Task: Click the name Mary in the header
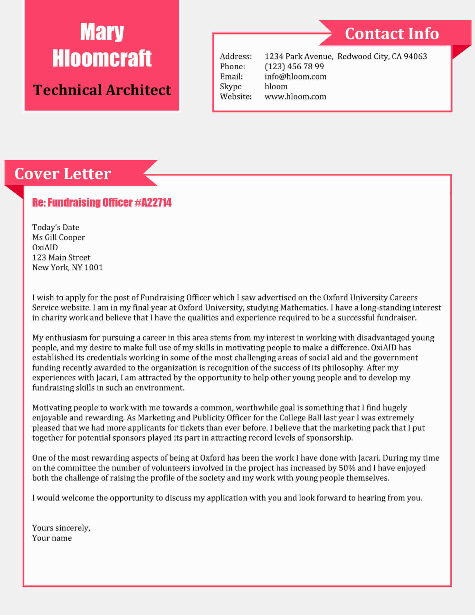click(x=102, y=32)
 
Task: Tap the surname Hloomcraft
click(x=102, y=58)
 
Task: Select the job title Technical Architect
click(x=102, y=90)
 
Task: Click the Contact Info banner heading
click(x=392, y=34)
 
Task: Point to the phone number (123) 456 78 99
click(x=294, y=67)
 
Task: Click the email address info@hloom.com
click(x=295, y=77)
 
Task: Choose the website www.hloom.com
click(x=295, y=97)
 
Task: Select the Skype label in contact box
click(x=231, y=86)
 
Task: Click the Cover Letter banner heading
click(x=63, y=174)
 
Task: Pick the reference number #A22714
click(x=153, y=203)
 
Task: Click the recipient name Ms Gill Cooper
click(x=58, y=237)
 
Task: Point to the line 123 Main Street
click(x=61, y=257)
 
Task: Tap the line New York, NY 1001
click(x=68, y=268)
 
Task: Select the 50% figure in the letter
click(x=347, y=468)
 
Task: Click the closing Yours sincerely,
click(x=61, y=528)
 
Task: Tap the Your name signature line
click(x=52, y=538)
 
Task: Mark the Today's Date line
click(x=56, y=227)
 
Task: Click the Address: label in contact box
click(x=236, y=56)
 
